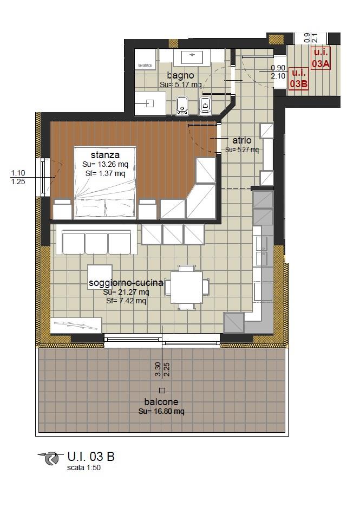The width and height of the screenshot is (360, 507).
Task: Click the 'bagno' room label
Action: pos(180,76)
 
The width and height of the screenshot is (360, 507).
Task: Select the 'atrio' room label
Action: pos(242,140)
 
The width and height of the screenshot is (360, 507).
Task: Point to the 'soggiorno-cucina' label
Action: pos(126,283)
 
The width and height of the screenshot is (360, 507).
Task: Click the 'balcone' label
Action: pos(161,402)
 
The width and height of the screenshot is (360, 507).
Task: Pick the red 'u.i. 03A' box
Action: pos(320,58)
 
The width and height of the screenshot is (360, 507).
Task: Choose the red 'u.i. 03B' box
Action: pos(298,78)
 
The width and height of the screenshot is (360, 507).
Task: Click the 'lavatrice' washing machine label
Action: pos(145,66)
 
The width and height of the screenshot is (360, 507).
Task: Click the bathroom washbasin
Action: pos(192,58)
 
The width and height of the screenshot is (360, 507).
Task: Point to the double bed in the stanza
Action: pos(105,183)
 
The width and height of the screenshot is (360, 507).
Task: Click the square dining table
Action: pos(186,287)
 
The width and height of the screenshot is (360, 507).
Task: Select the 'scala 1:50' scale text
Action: pos(84,467)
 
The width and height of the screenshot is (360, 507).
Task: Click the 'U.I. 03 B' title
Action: pos(91,457)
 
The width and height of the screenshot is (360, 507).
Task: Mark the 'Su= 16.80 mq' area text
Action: pos(161,412)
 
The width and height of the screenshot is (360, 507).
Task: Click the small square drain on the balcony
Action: pos(162,391)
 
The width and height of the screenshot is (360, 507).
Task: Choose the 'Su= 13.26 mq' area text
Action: pos(106,164)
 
